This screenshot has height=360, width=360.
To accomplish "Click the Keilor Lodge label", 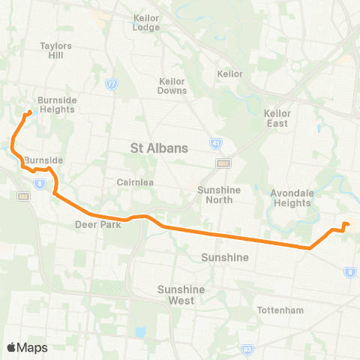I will (145, 22).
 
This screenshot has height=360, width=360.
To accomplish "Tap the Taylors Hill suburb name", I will (55, 50).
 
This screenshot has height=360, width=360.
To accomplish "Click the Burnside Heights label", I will (57, 103).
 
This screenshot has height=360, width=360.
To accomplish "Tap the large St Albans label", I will (159, 148).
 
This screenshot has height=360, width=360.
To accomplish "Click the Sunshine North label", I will (219, 195).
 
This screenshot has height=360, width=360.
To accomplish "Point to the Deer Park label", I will (93, 223).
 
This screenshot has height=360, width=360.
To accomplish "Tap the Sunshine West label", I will (176, 295).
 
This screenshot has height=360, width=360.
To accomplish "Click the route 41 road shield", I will (217, 142).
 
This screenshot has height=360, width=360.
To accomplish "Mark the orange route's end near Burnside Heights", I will (29, 113).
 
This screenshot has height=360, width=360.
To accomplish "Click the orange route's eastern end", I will (346, 223).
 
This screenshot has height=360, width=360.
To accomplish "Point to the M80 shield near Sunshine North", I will (221, 162).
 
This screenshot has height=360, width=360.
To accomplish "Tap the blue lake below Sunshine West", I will (140, 331).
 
